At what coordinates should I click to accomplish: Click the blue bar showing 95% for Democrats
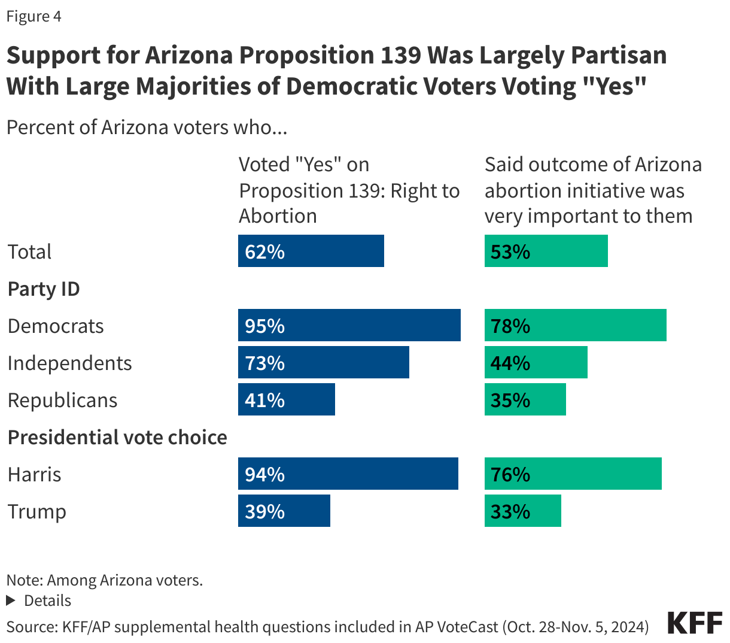[349, 325]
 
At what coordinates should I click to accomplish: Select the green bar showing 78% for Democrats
[575, 325]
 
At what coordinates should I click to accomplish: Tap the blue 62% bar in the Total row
[311, 251]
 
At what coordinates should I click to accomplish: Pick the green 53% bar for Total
[546, 251]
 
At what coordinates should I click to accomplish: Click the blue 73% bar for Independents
[323, 362]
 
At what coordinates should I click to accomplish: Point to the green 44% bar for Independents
[536, 362]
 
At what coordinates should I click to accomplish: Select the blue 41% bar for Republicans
[286, 399]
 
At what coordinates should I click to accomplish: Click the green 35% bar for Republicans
[525, 399]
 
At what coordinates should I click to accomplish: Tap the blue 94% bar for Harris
[348, 474]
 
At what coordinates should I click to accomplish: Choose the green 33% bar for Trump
[522, 511]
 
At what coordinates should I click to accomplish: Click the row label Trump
[37, 512]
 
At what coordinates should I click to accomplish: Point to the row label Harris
[35, 475]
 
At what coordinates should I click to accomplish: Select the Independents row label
[70, 363]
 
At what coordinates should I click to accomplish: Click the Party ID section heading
[44, 289]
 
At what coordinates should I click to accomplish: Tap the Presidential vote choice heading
[117, 438]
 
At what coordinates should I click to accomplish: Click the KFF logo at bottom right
[695, 623]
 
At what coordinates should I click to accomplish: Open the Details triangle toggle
[10, 600]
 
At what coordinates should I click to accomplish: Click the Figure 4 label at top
[34, 16]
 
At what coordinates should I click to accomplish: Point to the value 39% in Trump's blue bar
[264, 511]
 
